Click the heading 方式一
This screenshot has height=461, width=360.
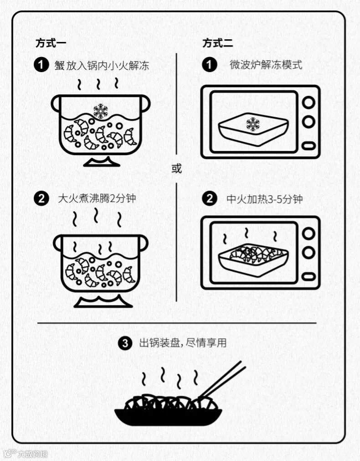[x=51, y=43]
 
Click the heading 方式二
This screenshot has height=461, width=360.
[x=217, y=43]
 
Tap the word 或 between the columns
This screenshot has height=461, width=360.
[x=177, y=169]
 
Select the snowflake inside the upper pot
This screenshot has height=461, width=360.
[x=101, y=111]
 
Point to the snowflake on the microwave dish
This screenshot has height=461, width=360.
[x=253, y=124]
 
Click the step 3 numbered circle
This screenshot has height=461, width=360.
[x=125, y=343]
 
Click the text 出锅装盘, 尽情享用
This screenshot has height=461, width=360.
[x=183, y=343]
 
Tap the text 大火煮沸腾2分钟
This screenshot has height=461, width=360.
[x=97, y=198]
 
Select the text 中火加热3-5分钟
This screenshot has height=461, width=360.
[x=264, y=199]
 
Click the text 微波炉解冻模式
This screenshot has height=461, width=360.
[x=266, y=65]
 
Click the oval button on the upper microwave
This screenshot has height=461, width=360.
[x=309, y=145]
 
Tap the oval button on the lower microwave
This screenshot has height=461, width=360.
[x=309, y=276]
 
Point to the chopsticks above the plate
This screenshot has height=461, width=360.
[x=222, y=380]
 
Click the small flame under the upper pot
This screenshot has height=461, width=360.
[x=102, y=162]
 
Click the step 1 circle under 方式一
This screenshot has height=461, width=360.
[x=41, y=65]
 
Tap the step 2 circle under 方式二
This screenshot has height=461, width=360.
[x=210, y=199]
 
